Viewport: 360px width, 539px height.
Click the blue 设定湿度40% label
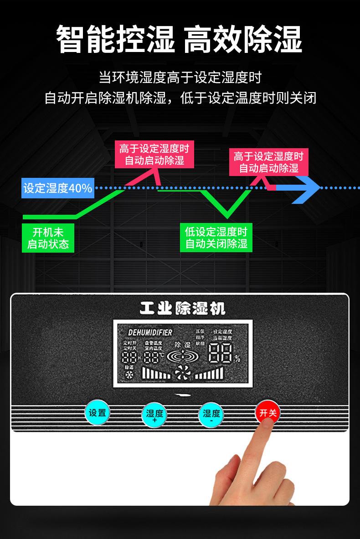point(58,188)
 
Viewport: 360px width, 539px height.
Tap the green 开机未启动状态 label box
point(48,238)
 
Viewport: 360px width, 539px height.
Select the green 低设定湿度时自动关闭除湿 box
point(216,238)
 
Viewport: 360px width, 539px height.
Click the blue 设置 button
point(97,413)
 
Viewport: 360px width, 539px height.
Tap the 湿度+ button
point(154,415)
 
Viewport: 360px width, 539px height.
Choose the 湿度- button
point(211,415)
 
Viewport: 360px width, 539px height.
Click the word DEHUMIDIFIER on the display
point(150,332)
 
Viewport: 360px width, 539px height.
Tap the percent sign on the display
point(237,359)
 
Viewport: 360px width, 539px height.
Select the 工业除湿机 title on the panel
point(182,309)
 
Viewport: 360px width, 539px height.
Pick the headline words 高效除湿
point(243,40)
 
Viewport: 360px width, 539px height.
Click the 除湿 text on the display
point(182,345)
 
